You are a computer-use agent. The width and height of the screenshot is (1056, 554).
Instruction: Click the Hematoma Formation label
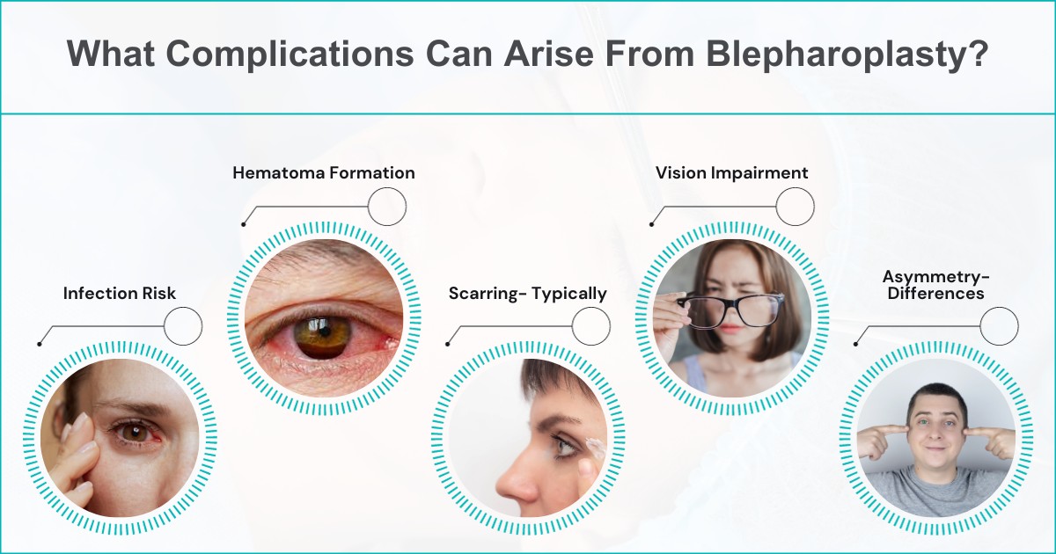coord(324,173)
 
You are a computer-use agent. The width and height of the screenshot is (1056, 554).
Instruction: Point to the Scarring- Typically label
coord(528,294)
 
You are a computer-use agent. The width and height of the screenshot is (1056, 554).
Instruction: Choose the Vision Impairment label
coord(731,173)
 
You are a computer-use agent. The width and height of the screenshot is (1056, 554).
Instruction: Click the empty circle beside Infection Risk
coord(183,327)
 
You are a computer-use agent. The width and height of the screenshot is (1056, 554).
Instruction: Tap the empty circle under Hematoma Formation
coord(386,208)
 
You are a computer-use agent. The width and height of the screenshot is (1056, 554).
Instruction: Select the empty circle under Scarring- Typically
coord(590,327)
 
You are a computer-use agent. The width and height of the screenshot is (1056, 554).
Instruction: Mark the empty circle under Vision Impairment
coord(795,208)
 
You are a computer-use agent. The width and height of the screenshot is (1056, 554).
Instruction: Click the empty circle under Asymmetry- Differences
coord(999,327)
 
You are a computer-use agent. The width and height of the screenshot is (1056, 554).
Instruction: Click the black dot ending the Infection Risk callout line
coord(40,344)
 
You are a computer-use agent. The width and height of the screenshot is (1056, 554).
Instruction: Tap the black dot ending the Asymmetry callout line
coord(856,344)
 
